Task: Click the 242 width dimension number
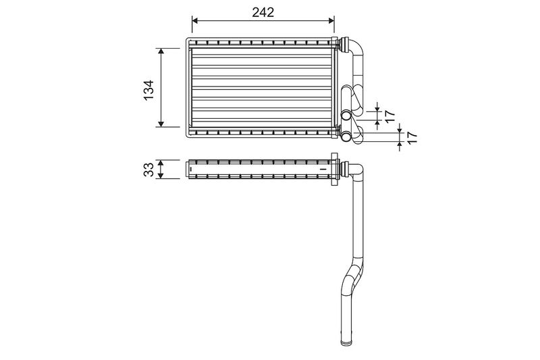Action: [x=263, y=12]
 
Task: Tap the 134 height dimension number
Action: [x=148, y=91]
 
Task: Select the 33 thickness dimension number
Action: [x=148, y=170]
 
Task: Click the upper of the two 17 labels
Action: [x=389, y=116]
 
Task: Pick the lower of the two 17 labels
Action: [x=412, y=138]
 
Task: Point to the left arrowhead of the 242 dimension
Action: [x=195, y=21]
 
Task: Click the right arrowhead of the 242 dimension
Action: [x=331, y=21]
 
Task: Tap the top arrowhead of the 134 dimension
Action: [x=161, y=51]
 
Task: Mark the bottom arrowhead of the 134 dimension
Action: [x=161, y=124]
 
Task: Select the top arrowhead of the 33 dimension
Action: [x=160, y=163]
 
